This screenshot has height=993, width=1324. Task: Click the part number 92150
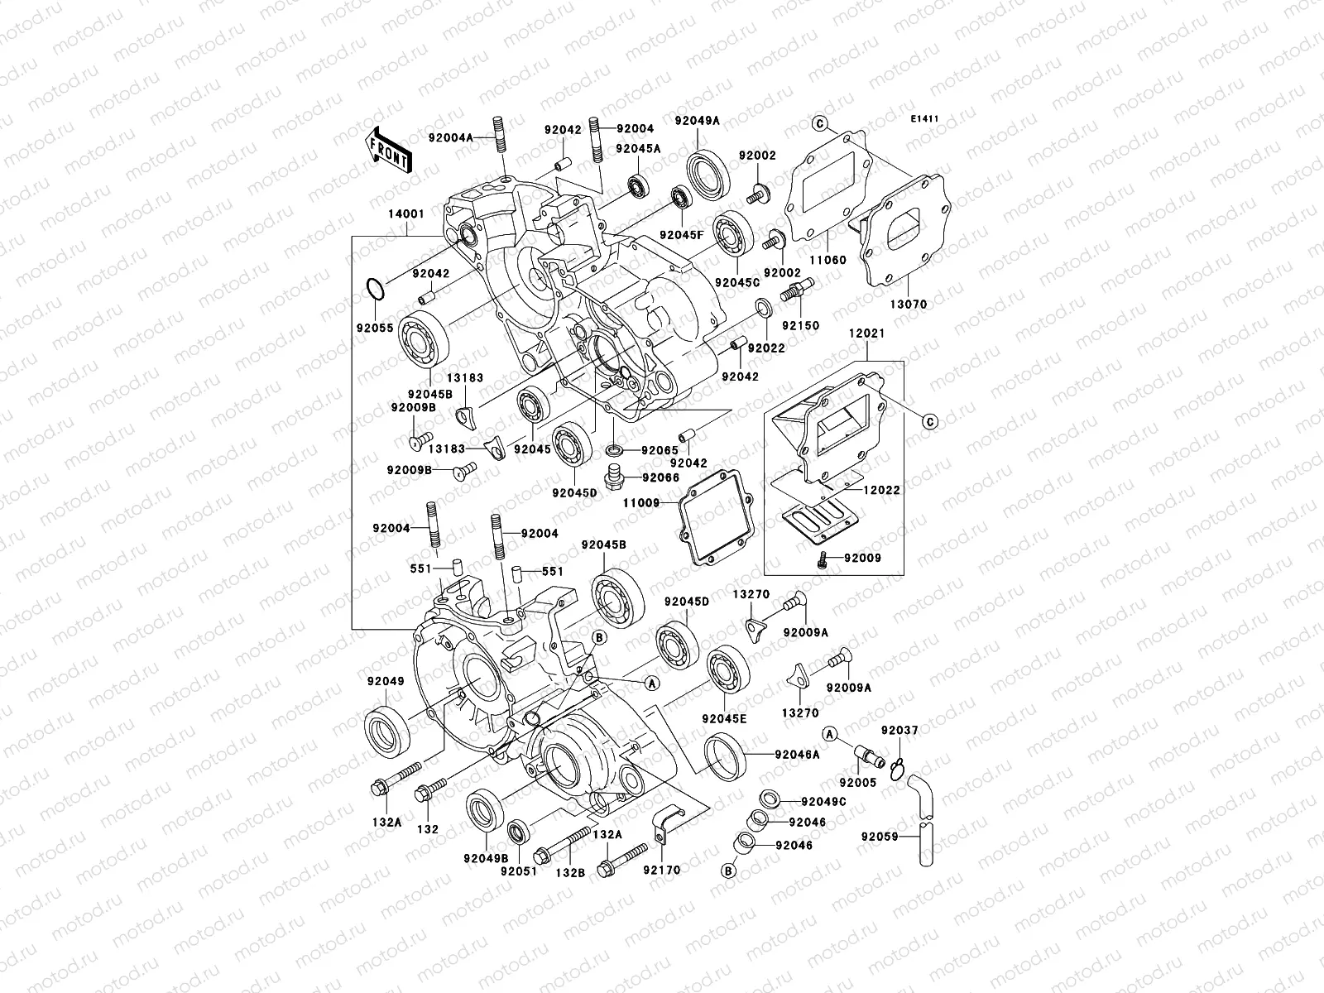[800, 325]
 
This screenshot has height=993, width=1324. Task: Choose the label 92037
[899, 731]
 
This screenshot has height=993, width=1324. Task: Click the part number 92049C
[823, 801]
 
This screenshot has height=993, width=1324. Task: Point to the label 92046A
[797, 755]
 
